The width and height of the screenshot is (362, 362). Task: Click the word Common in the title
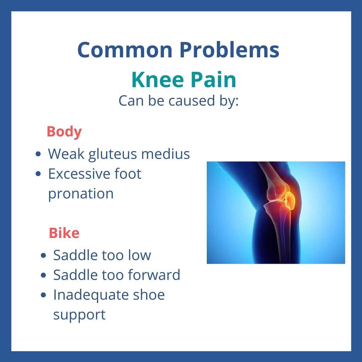pos(125,50)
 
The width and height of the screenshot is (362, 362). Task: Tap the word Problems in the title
pos(230,50)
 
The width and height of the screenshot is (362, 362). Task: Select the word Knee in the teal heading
pos(158,79)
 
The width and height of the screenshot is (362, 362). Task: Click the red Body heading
pos(64,132)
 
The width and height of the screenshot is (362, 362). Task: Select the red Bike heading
pos(64,233)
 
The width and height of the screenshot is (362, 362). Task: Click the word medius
pos(166,154)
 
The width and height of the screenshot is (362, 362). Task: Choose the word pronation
pos(81,194)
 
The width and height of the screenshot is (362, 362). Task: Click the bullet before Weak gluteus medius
pos(38,154)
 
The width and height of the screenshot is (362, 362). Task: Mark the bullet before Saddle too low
pos(43,255)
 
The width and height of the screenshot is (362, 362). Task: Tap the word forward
pos(154,275)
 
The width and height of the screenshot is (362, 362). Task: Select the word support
pos(79,315)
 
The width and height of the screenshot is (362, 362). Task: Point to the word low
pos(139,255)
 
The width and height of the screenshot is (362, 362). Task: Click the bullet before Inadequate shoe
pos(43,295)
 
